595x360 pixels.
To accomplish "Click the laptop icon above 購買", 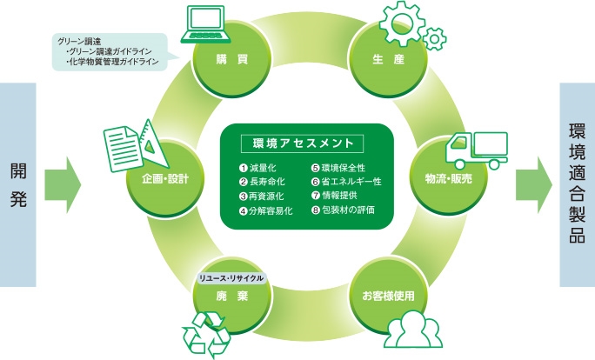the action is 206,23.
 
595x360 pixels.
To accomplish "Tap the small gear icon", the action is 434,38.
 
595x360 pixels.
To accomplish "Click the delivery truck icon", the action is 477,150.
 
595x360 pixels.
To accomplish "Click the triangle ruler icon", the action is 154,144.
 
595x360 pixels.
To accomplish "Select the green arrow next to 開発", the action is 63,184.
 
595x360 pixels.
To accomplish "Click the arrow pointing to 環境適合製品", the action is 533,184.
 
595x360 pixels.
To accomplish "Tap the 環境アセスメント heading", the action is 303,143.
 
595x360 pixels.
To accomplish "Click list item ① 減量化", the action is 257,168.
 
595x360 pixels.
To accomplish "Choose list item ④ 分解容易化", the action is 265,211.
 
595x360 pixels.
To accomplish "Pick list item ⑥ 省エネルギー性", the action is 346,182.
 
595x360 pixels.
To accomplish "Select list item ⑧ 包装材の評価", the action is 343,210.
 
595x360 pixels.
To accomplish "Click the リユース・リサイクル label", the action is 231,278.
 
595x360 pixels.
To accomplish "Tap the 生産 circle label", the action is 389,59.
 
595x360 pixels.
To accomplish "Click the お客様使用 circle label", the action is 388,296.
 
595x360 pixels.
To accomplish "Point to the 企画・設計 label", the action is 165,178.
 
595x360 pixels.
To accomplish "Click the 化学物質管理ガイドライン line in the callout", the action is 112,62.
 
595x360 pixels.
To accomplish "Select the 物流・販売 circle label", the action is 449,178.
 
